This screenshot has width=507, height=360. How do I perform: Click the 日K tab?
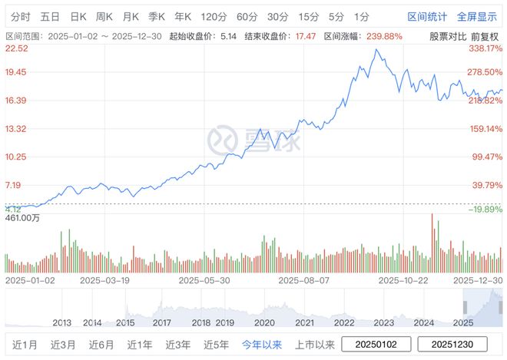click(x=78, y=16)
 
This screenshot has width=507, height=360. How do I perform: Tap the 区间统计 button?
click(x=427, y=16)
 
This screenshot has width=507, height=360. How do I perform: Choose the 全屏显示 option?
click(x=476, y=16)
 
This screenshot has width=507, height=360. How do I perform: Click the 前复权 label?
click(x=486, y=36)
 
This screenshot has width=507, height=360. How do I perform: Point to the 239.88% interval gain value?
click(x=384, y=36)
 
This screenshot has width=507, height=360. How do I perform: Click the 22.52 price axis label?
click(x=16, y=48)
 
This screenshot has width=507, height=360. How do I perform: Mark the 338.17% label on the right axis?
click(x=485, y=48)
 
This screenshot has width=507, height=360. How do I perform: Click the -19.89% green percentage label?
click(x=485, y=209)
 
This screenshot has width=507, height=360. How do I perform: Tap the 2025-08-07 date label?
click(x=303, y=281)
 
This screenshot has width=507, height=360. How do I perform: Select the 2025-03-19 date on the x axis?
click(x=104, y=281)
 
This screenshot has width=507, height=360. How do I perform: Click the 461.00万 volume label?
click(x=22, y=219)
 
